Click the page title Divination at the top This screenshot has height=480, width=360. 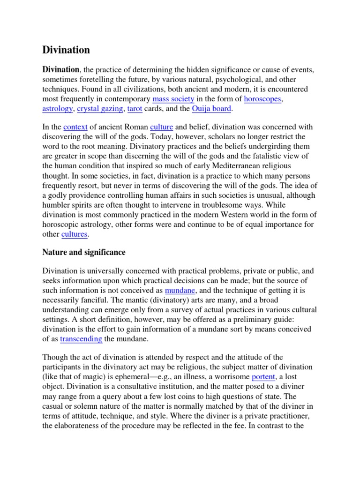tap(66, 50)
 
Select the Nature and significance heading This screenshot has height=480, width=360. tap(84, 252)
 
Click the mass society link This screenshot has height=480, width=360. tap(173, 99)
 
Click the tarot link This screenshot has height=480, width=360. tap(135, 109)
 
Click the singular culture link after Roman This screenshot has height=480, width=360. tap(161, 127)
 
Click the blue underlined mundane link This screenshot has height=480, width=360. tap(180, 290)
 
